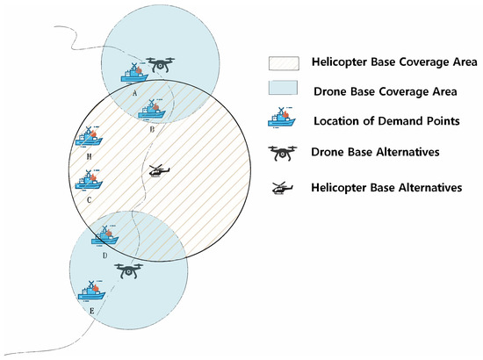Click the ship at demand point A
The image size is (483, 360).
133,72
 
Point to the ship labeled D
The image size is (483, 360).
105,236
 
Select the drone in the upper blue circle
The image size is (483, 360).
160,66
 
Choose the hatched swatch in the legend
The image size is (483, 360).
281,63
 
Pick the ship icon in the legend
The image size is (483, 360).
282,119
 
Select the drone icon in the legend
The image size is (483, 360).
282,154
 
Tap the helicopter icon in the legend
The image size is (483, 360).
282,187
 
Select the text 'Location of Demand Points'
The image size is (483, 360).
387,120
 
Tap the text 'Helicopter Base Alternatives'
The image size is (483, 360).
392,187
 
